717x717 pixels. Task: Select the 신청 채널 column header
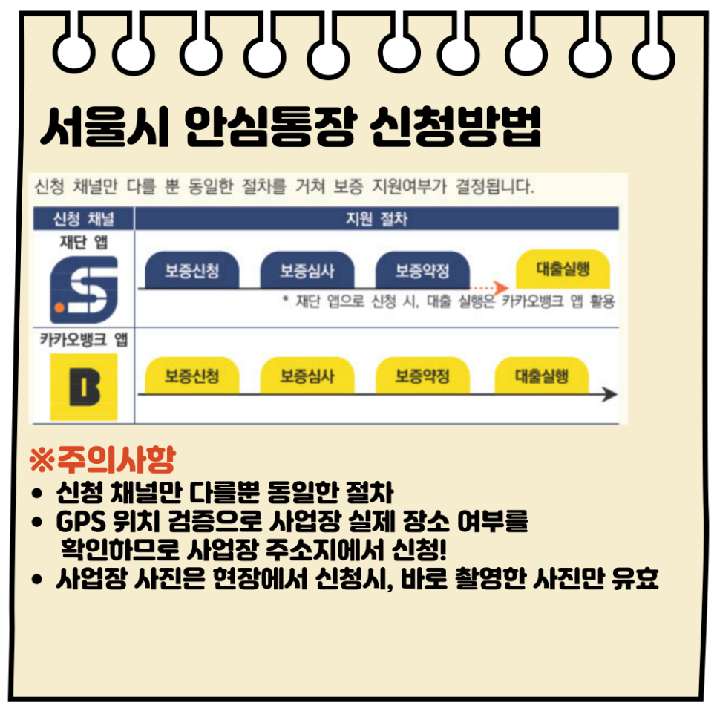pos(82,219)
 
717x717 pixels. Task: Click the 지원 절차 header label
pos(376,219)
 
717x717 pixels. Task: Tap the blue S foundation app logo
pos(83,289)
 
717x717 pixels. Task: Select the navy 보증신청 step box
pos(192,270)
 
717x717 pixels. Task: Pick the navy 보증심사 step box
pos(307,270)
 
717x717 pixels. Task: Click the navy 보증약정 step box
pos(422,270)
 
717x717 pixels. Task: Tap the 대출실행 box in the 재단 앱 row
pos(562,269)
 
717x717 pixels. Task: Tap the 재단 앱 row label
pos(82,241)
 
